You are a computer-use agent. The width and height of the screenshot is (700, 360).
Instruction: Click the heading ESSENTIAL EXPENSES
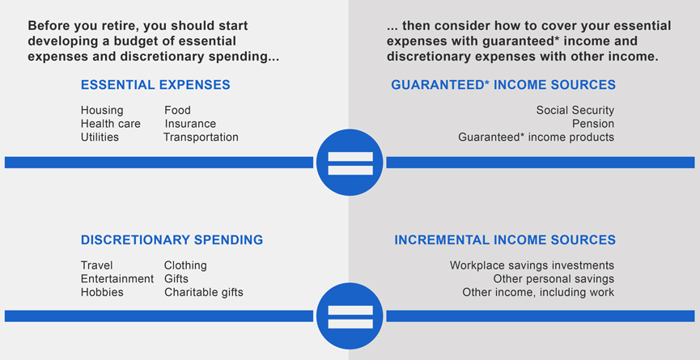[155, 85]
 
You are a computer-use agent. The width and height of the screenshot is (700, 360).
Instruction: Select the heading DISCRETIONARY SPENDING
[172, 240]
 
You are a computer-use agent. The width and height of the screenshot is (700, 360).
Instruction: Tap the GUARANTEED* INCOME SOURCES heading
[503, 85]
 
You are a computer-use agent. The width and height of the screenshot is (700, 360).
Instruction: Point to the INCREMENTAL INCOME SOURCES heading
[505, 240]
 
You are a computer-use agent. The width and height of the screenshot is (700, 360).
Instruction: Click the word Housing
[102, 111]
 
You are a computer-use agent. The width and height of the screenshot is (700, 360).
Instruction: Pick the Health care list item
[111, 124]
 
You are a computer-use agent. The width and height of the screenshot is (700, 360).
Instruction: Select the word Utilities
[100, 137]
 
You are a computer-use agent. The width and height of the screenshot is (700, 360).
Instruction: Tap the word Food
[177, 110]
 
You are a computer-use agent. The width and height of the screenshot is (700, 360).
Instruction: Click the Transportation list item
[201, 137]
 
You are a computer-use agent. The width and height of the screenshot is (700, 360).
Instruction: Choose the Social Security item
[575, 110]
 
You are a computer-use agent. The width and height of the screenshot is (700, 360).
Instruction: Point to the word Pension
[593, 124]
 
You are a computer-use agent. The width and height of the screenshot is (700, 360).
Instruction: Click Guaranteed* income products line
[537, 137]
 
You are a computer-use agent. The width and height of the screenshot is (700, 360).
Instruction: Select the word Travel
[97, 265]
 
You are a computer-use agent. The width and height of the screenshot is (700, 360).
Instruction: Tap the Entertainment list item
[117, 279]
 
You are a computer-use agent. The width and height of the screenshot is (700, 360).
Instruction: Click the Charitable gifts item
[204, 292]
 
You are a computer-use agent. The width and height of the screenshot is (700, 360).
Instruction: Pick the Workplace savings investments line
[532, 265]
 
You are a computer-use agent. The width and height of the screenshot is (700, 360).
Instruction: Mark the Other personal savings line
[554, 279]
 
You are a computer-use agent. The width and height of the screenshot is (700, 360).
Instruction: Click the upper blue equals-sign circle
[350, 163]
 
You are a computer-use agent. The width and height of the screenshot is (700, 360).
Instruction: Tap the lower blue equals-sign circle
[350, 316]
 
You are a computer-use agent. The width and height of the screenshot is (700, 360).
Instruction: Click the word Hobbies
[102, 292]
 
